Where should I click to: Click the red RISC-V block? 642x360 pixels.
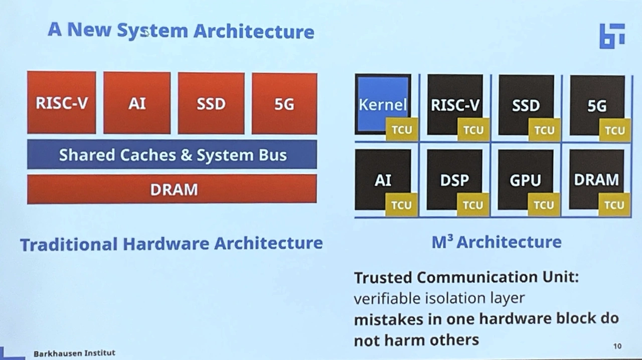[x=61, y=102]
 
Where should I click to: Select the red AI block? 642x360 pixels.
[x=137, y=103]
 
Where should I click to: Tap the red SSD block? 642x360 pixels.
[x=211, y=103]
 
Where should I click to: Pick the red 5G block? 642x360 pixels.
[x=284, y=104]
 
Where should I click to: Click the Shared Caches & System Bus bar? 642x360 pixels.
[x=172, y=154]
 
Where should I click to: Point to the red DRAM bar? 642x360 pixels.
[x=172, y=189]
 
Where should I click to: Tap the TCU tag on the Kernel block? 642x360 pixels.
[x=401, y=130]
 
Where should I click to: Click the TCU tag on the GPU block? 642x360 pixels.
[x=544, y=205]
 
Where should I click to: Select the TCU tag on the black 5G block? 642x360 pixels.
[x=615, y=130]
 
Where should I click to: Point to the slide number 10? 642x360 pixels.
[x=617, y=346]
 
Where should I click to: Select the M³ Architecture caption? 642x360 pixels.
[x=497, y=242]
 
